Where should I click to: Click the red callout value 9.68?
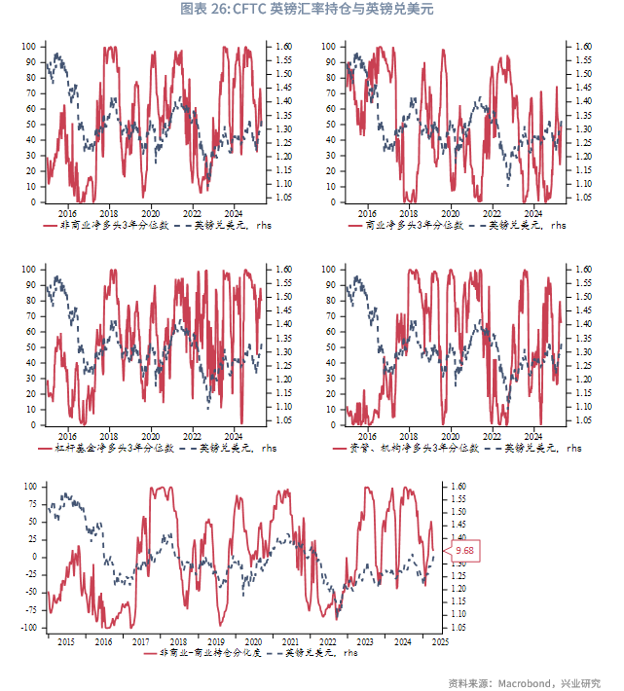tap(463, 551)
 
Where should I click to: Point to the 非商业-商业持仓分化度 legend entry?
tap(212, 654)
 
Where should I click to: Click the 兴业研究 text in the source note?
tap(581, 680)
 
